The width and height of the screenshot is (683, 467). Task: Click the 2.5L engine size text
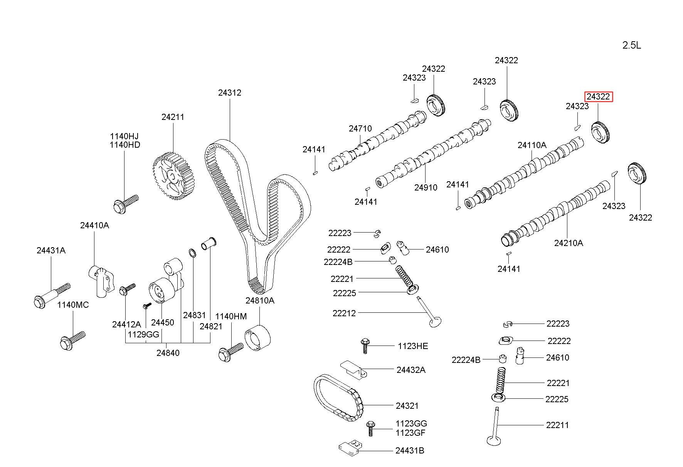[x=632, y=46]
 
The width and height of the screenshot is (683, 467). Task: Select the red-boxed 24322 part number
[x=598, y=96]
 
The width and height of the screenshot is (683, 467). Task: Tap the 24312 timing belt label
[x=230, y=93]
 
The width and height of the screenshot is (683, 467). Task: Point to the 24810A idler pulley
[x=258, y=338]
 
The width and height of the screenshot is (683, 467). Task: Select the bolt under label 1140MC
[x=72, y=340]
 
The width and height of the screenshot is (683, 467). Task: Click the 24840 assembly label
[x=168, y=352]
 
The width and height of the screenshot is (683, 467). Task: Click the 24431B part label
[x=410, y=450]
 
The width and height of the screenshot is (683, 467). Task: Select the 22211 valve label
[x=557, y=425]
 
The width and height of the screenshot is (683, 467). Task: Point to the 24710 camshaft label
[x=360, y=128]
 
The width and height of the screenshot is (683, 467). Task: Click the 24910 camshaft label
[x=426, y=187]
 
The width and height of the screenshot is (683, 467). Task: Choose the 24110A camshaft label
[x=532, y=145]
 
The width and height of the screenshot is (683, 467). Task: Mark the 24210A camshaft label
[x=569, y=243]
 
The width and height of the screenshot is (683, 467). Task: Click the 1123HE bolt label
[x=413, y=346]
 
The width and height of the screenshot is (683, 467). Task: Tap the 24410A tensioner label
[x=94, y=225]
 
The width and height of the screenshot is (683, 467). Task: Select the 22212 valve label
[x=344, y=313]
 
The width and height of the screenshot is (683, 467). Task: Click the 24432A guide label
[x=411, y=370]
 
